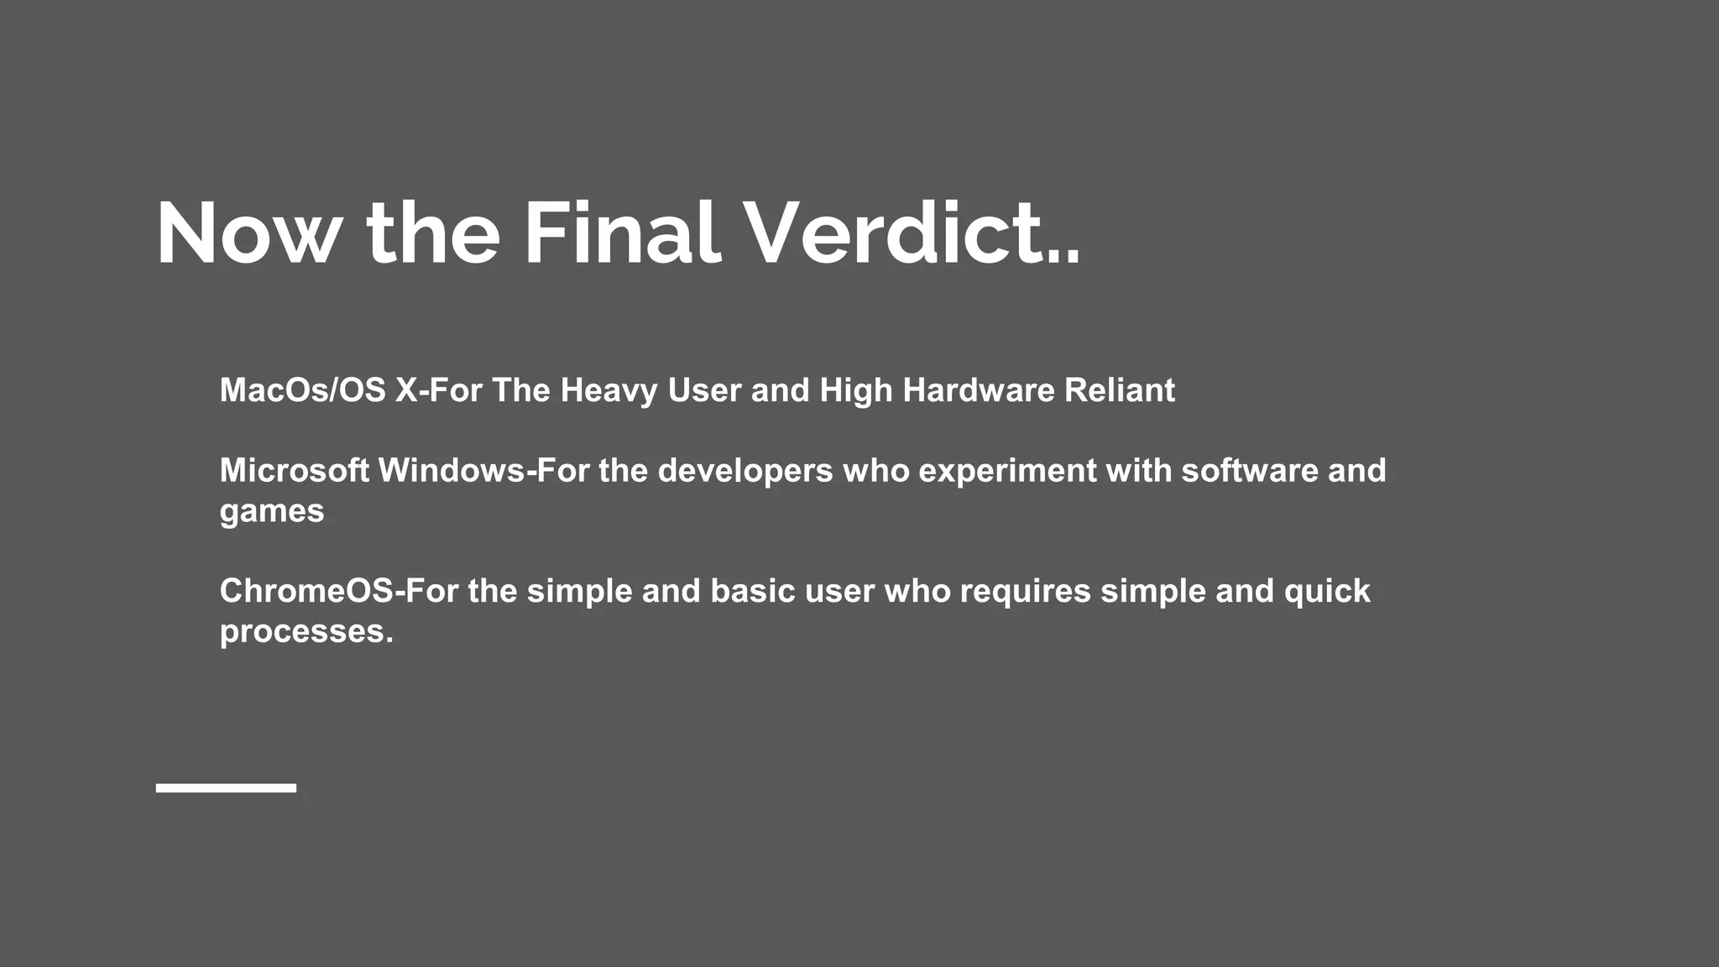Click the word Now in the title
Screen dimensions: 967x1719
(248, 234)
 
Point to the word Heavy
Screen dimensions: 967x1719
(609, 390)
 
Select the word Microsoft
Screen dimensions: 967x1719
(294, 471)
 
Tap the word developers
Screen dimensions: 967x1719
(745, 471)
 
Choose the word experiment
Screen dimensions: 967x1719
(1007, 471)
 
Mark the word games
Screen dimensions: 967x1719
(272, 512)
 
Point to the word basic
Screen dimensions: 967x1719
(753, 592)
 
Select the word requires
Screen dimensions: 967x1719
(1025, 592)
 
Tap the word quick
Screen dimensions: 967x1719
(1327, 592)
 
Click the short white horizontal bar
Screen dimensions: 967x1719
(226, 787)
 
